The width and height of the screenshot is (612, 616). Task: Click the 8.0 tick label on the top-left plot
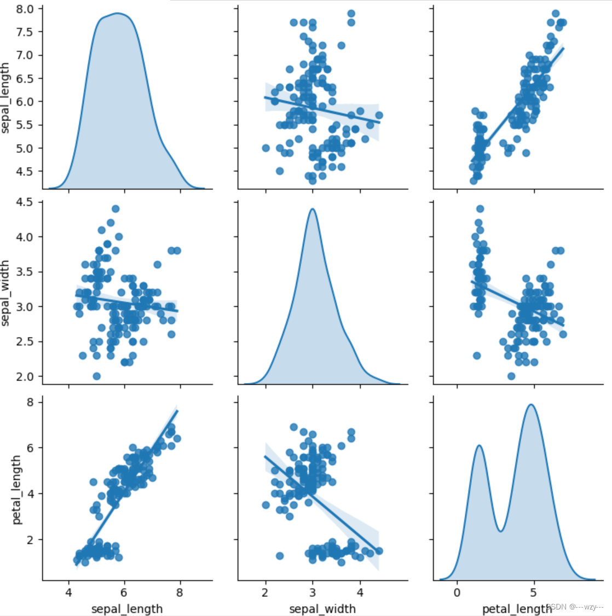(25, 9)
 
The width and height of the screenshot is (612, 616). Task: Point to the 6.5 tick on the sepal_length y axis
(25, 78)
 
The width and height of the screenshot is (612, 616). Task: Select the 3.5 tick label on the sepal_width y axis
(25, 272)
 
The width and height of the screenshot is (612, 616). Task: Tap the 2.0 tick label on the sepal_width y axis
(25, 376)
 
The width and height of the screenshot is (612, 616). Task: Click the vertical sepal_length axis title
(6, 98)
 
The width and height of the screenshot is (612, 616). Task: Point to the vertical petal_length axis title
(17, 489)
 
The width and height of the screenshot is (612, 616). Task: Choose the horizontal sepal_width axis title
(322, 608)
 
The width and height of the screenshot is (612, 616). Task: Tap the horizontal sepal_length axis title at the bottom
(127, 608)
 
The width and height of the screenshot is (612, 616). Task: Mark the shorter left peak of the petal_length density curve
(479, 445)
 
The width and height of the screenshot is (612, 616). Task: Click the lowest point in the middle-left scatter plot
(96, 376)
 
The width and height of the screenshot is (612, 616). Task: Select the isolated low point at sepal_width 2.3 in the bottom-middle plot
(280, 556)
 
